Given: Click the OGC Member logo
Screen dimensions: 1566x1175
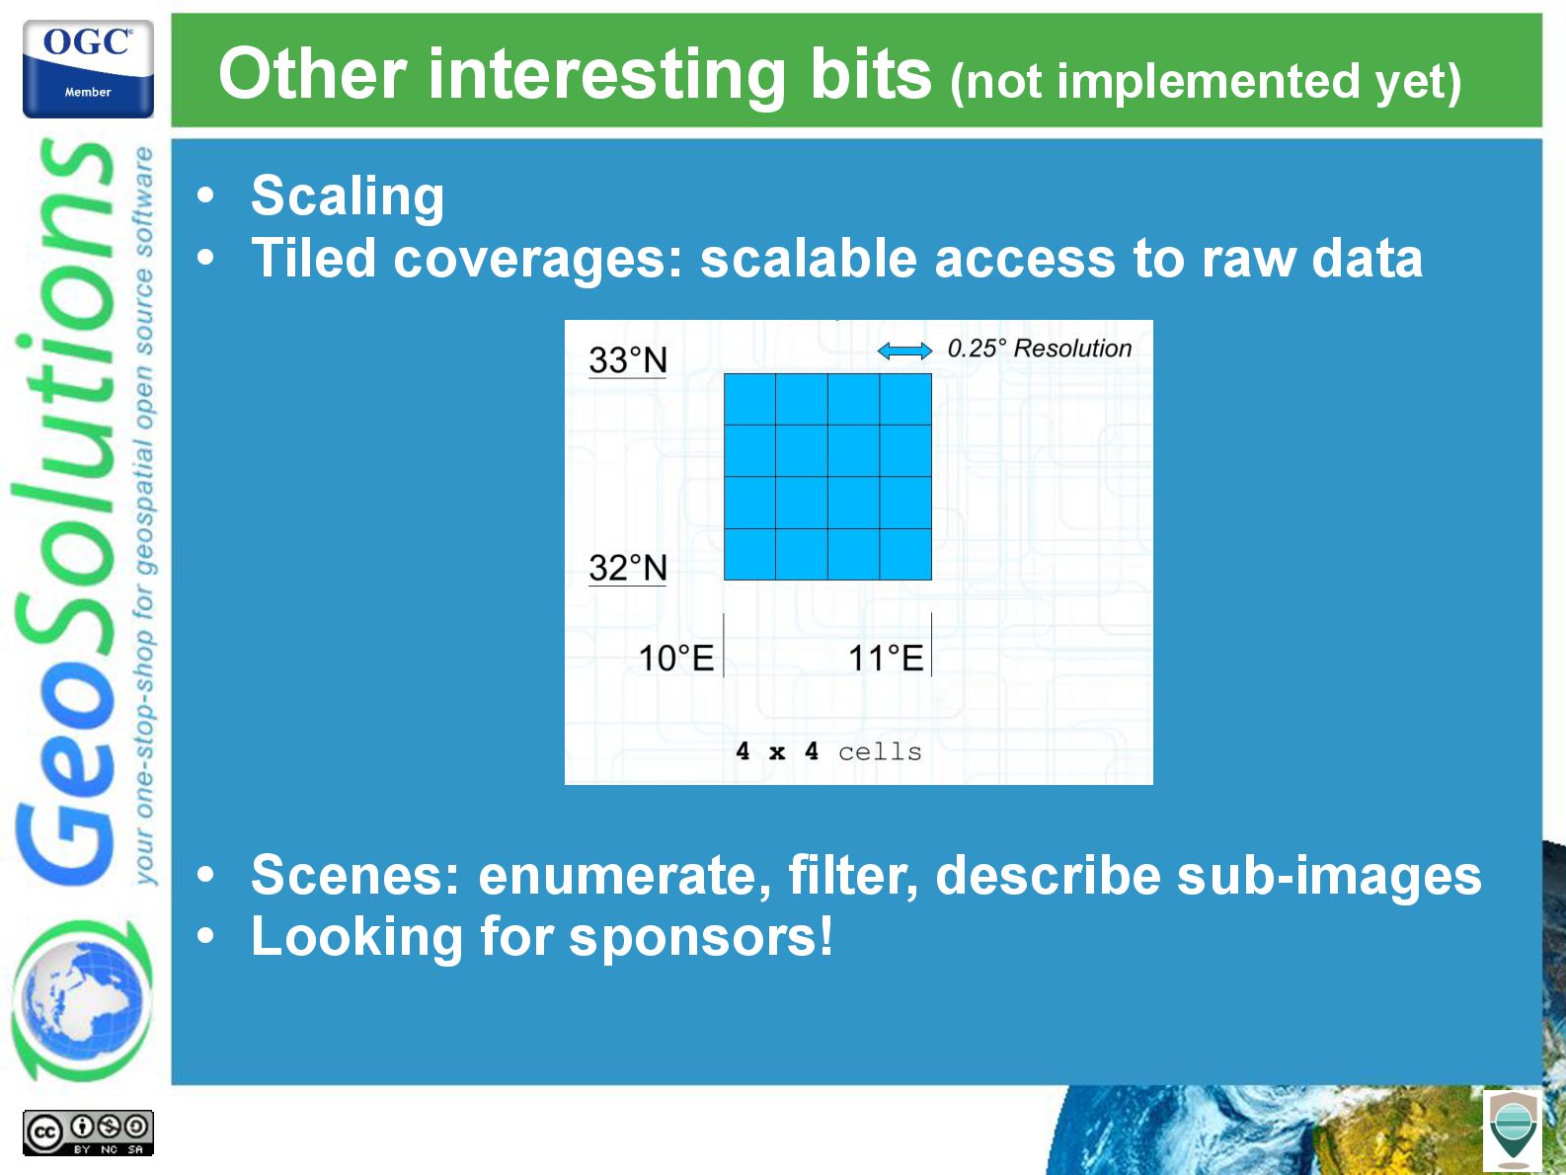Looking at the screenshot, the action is (88, 68).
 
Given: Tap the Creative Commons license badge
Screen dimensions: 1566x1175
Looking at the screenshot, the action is (88, 1133).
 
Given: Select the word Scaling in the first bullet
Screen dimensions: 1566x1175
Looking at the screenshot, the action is (348, 197).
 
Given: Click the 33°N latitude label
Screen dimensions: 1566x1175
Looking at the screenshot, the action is (628, 360).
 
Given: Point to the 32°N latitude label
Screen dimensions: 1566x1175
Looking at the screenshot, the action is (628, 569).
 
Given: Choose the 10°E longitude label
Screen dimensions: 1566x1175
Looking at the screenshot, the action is (676, 658).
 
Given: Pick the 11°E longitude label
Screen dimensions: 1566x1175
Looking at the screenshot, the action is (886, 658).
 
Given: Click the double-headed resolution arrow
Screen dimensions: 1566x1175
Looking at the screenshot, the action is (904, 351).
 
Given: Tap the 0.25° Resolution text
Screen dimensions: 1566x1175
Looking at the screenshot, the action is (1040, 349).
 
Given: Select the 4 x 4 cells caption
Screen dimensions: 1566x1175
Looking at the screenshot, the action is (828, 751).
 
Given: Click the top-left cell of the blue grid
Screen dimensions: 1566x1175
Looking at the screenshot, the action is (749, 400).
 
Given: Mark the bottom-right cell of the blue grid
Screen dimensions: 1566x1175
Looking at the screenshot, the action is (906, 554).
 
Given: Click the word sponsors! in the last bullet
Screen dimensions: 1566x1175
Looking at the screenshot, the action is (701, 937).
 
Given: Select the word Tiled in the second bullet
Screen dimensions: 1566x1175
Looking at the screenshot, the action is (313, 258).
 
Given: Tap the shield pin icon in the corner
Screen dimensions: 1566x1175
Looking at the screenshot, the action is (1513, 1130).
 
